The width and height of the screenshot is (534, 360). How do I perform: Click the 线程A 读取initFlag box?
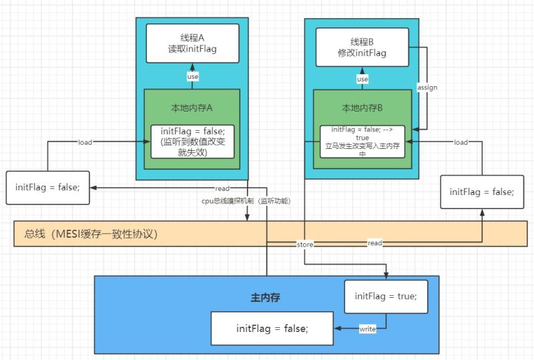[x=192, y=43]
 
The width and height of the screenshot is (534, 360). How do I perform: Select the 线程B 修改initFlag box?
[x=362, y=47]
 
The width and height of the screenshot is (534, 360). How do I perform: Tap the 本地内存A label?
[x=192, y=107]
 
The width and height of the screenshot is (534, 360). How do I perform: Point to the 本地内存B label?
[x=362, y=107]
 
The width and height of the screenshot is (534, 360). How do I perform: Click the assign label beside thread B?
[x=427, y=87]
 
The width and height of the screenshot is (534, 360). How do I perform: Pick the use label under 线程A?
[x=192, y=77]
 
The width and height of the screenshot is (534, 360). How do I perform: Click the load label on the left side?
[x=85, y=142]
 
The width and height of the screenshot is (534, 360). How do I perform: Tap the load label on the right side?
[x=461, y=142]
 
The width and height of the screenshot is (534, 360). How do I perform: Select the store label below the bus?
[x=304, y=245]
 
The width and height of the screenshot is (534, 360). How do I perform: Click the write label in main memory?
[x=367, y=329]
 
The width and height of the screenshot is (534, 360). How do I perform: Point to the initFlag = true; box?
[x=386, y=297]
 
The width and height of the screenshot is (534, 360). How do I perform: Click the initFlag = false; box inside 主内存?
[x=272, y=328]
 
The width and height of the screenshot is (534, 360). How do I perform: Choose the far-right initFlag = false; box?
[x=481, y=192]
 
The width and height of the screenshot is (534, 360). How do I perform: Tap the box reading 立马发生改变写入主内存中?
[x=362, y=141]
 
